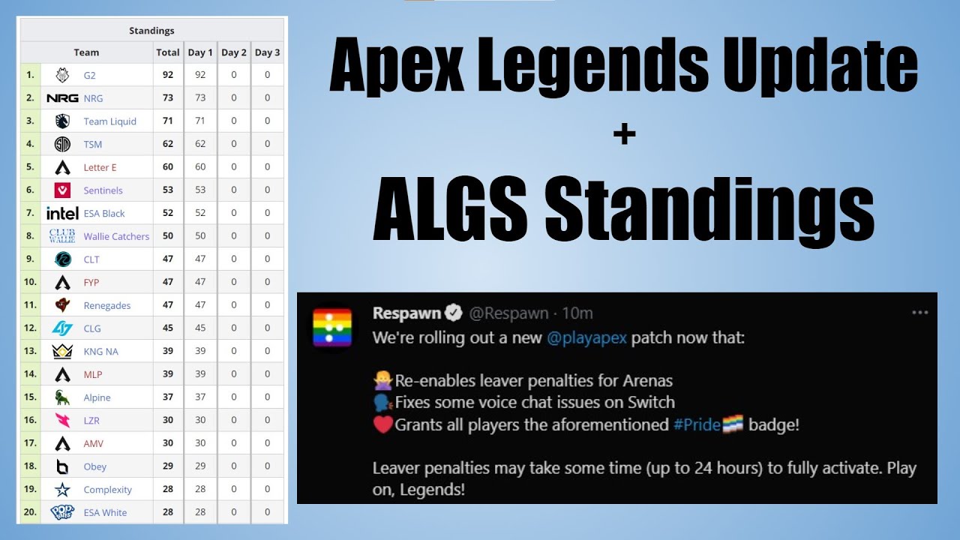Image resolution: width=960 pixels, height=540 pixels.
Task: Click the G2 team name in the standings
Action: [89, 75]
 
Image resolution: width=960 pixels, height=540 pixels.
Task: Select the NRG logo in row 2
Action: [62, 98]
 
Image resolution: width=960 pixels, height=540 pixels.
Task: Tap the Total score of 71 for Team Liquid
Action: [168, 121]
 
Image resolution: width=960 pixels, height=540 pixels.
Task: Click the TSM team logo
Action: [62, 144]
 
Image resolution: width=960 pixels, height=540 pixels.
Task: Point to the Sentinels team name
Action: [103, 190]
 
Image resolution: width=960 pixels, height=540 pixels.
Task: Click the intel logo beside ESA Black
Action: [62, 213]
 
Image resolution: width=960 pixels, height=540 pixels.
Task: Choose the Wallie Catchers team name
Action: [116, 236]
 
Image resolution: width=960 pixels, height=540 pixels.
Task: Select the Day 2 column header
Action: [234, 52]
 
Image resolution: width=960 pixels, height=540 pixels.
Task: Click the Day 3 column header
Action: [267, 52]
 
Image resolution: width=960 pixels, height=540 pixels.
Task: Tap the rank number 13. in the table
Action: [30, 351]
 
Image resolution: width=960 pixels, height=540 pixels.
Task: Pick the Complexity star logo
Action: [62, 490]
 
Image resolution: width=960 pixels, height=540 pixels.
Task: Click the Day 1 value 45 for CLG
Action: [200, 328]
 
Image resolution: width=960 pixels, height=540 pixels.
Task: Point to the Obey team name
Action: [95, 466]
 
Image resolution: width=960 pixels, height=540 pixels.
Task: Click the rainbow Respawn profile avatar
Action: [332, 326]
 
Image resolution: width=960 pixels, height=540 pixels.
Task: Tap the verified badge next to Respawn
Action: [454, 313]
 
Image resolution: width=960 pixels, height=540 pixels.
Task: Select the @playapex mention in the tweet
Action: [586, 337]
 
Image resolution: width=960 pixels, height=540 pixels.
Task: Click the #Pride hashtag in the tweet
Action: [697, 424]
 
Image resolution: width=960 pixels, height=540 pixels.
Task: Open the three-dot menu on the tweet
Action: [919, 313]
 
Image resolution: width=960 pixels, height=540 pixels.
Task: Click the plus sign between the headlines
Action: [623, 134]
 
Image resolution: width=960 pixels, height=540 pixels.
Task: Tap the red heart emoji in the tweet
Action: [383, 424]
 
